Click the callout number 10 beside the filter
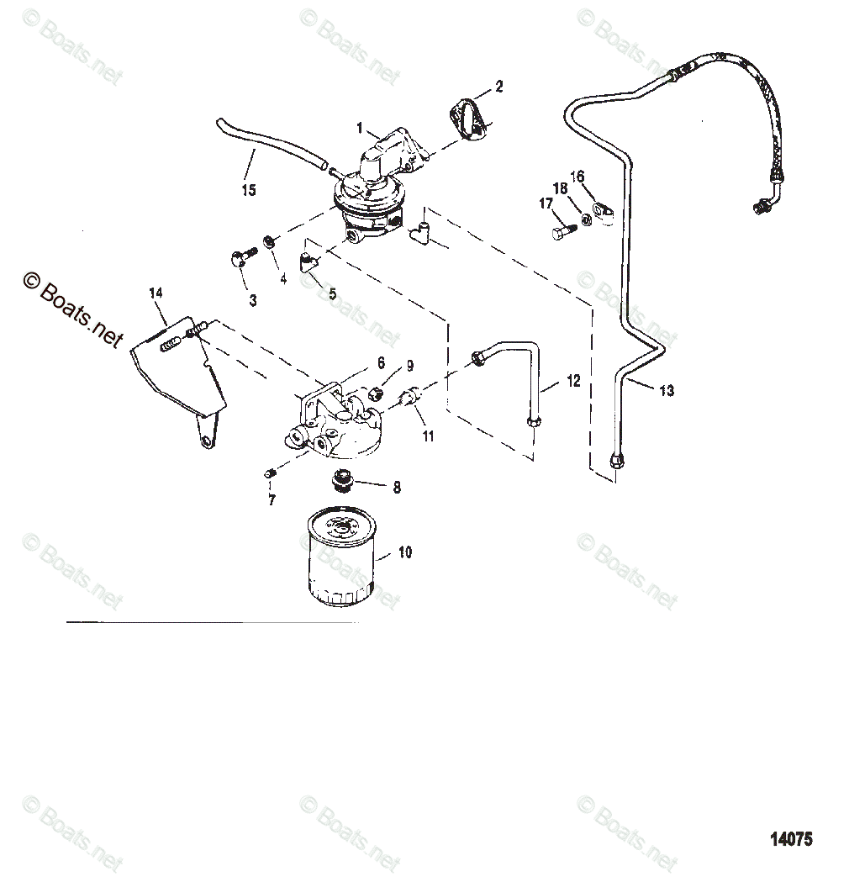tap(405, 552)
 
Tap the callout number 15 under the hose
tap(248, 191)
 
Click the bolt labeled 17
tap(564, 229)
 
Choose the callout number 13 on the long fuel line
tap(667, 391)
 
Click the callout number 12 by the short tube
tap(573, 382)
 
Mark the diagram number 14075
tap(791, 838)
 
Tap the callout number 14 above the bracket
tap(156, 293)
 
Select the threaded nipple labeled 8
tap(341, 479)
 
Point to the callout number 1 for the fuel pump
tap(360, 129)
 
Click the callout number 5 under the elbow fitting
tap(332, 293)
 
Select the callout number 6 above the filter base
tap(380, 362)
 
